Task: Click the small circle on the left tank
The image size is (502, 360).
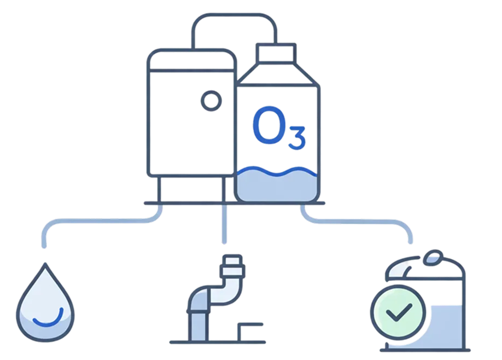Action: (210, 100)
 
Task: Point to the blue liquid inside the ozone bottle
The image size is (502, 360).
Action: (277, 186)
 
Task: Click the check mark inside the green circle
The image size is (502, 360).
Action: (398, 313)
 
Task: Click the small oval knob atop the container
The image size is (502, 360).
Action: (434, 256)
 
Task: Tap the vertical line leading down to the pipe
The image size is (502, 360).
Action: (223, 224)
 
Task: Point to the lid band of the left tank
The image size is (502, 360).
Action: (192, 62)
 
